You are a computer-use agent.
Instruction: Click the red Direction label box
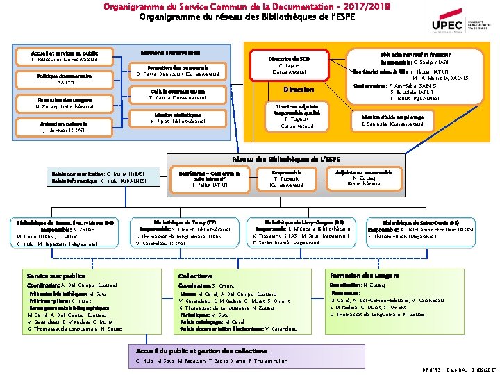[299, 90]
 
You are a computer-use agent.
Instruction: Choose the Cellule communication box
[178, 94]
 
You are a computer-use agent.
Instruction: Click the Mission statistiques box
[178, 118]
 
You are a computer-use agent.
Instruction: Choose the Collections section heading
[197, 276]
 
